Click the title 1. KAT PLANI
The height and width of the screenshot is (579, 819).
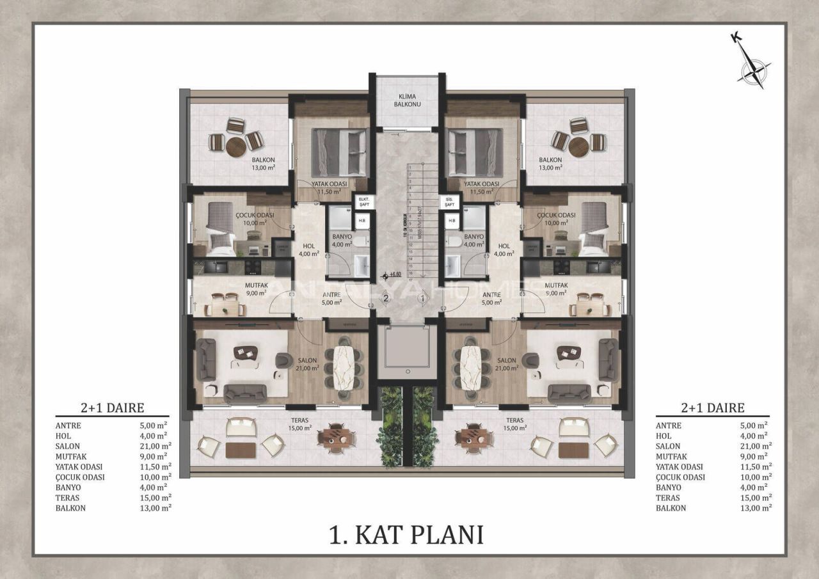pyautogui.click(x=406, y=535)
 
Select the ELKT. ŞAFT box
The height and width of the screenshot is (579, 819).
pyautogui.click(x=362, y=202)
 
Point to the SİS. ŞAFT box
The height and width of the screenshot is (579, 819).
pyautogui.click(x=450, y=202)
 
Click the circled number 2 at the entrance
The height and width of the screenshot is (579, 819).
pyautogui.click(x=386, y=297)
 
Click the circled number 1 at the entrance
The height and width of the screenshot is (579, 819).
pyautogui.click(x=422, y=297)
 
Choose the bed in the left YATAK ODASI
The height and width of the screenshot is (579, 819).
pyautogui.click(x=339, y=152)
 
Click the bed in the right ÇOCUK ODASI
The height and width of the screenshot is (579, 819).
pyautogui.click(x=594, y=226)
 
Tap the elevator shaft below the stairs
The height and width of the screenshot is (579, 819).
pyautogui.click(x=407, y=348)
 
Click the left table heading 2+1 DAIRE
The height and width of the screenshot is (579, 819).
pyautogui.click(x=112, y=408)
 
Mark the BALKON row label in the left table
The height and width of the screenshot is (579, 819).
pyautogui.click(x=70, y=508)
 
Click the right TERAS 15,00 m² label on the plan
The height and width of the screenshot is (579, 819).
pyautogui.click(x=515, y=424)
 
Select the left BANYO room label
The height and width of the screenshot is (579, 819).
pyautogui.click(x=342, y=240)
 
